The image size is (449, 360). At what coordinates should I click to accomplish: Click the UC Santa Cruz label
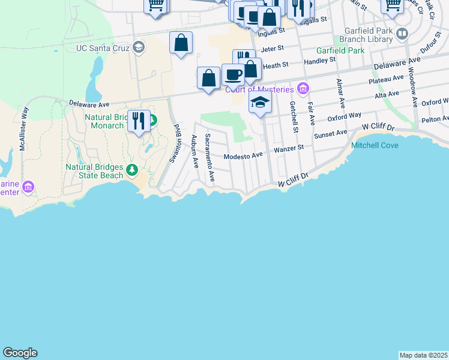click(103, 47)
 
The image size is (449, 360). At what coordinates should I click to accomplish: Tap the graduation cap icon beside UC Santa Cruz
click(139, 47)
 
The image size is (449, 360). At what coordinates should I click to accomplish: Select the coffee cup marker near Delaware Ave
click(233, 74)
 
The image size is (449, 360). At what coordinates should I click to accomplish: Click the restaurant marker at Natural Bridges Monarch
click(139, 121)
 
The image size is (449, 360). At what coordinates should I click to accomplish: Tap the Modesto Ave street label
click(244, 155)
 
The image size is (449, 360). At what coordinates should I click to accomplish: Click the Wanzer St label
click(289, 147)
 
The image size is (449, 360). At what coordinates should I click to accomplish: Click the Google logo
click(20, 353)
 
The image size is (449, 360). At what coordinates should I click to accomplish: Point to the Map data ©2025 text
click(423, 355)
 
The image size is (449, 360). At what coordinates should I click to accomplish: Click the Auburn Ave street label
click(194, 153)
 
